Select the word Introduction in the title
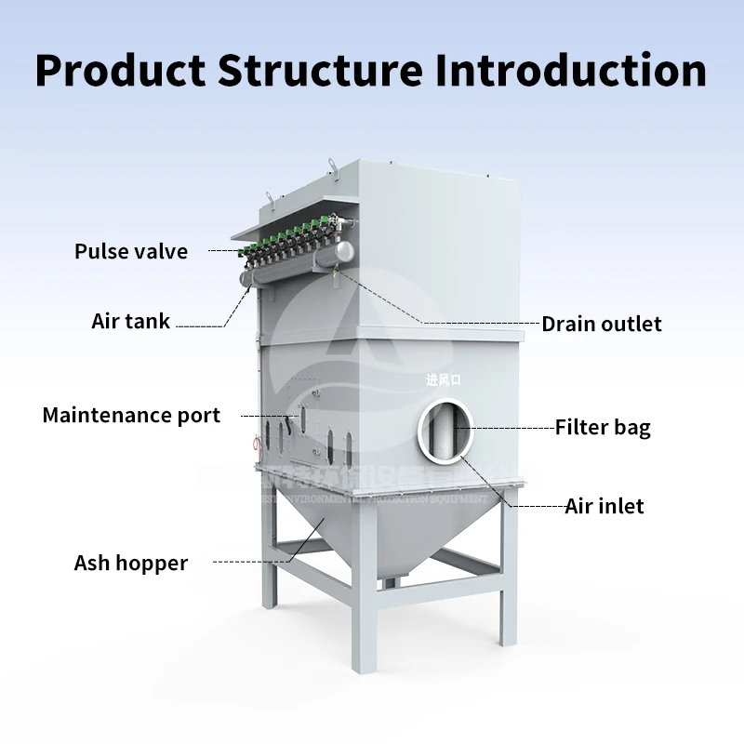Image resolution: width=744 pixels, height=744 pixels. coord(569,70)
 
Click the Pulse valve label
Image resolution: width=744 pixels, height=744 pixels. coord(131,251)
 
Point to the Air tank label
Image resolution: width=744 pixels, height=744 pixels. coord(131,322)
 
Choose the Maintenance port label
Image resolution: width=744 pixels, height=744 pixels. coord(131,415)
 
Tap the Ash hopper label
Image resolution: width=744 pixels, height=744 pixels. coord(131,563)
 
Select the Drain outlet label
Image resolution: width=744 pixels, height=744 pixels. coord(602,324)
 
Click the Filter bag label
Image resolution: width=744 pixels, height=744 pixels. coord(603,428)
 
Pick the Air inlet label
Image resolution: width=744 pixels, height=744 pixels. coord(604,507)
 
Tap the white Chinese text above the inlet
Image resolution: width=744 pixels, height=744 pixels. coord(444,379)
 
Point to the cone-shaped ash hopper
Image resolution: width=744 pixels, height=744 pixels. coord(372,530)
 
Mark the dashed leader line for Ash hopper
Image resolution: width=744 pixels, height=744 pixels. coord(251,562)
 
